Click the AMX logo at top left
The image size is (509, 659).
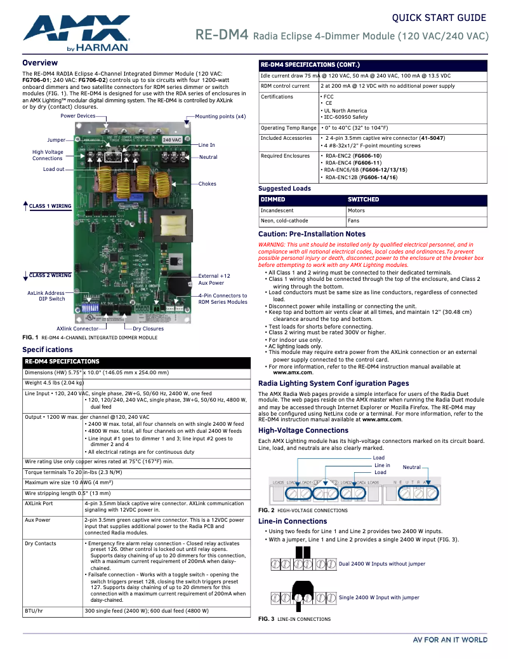point(76,34)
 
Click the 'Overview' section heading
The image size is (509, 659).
point(40,63)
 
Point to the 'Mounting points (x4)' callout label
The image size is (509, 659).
point(220,116)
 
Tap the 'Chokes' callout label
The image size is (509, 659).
point(208,184)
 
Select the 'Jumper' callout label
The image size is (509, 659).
point(56,140)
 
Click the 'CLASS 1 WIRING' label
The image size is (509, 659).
point(50,206)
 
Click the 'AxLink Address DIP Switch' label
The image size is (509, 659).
point(46,296)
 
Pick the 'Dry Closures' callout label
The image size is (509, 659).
point(148,329)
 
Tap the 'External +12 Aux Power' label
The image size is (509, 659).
point(214,280)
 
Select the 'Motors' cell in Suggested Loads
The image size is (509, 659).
point(356,210)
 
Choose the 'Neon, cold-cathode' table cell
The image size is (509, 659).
point(284,221)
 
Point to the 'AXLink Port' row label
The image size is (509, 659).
point(39,503)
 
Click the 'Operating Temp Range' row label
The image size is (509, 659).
point(288,128)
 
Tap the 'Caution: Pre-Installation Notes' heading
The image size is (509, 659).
point(312,234)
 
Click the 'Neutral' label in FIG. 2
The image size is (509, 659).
point(412,467)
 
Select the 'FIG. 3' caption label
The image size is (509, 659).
point(266,619)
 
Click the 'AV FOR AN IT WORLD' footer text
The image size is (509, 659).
point(450,639)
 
